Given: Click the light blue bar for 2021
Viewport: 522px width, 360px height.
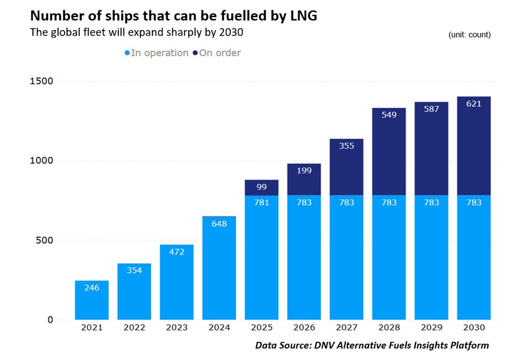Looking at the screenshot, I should tap(92, 300).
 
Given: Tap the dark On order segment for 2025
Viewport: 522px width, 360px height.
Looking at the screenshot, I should tap(262, 188).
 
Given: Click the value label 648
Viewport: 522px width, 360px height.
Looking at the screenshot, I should tap(219, 224).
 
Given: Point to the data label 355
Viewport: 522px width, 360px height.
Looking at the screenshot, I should tap(346, 146).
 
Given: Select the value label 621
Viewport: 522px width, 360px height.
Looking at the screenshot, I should tap(474, 104).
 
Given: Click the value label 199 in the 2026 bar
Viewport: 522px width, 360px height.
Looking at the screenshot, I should tap(304, 171).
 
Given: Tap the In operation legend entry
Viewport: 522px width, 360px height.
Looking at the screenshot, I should tap(156, 53).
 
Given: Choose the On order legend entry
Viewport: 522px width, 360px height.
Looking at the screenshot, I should tap(217, 53).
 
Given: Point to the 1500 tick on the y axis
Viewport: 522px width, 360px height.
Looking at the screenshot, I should tap(41, 81).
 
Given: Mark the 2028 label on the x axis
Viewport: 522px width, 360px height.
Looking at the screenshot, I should tap(389, 328).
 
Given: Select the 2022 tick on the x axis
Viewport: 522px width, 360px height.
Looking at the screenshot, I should tap(134, 328).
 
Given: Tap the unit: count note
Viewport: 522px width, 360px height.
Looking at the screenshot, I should tap(469, 35).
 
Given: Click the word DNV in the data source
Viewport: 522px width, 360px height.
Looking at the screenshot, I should tap(329, 345).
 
